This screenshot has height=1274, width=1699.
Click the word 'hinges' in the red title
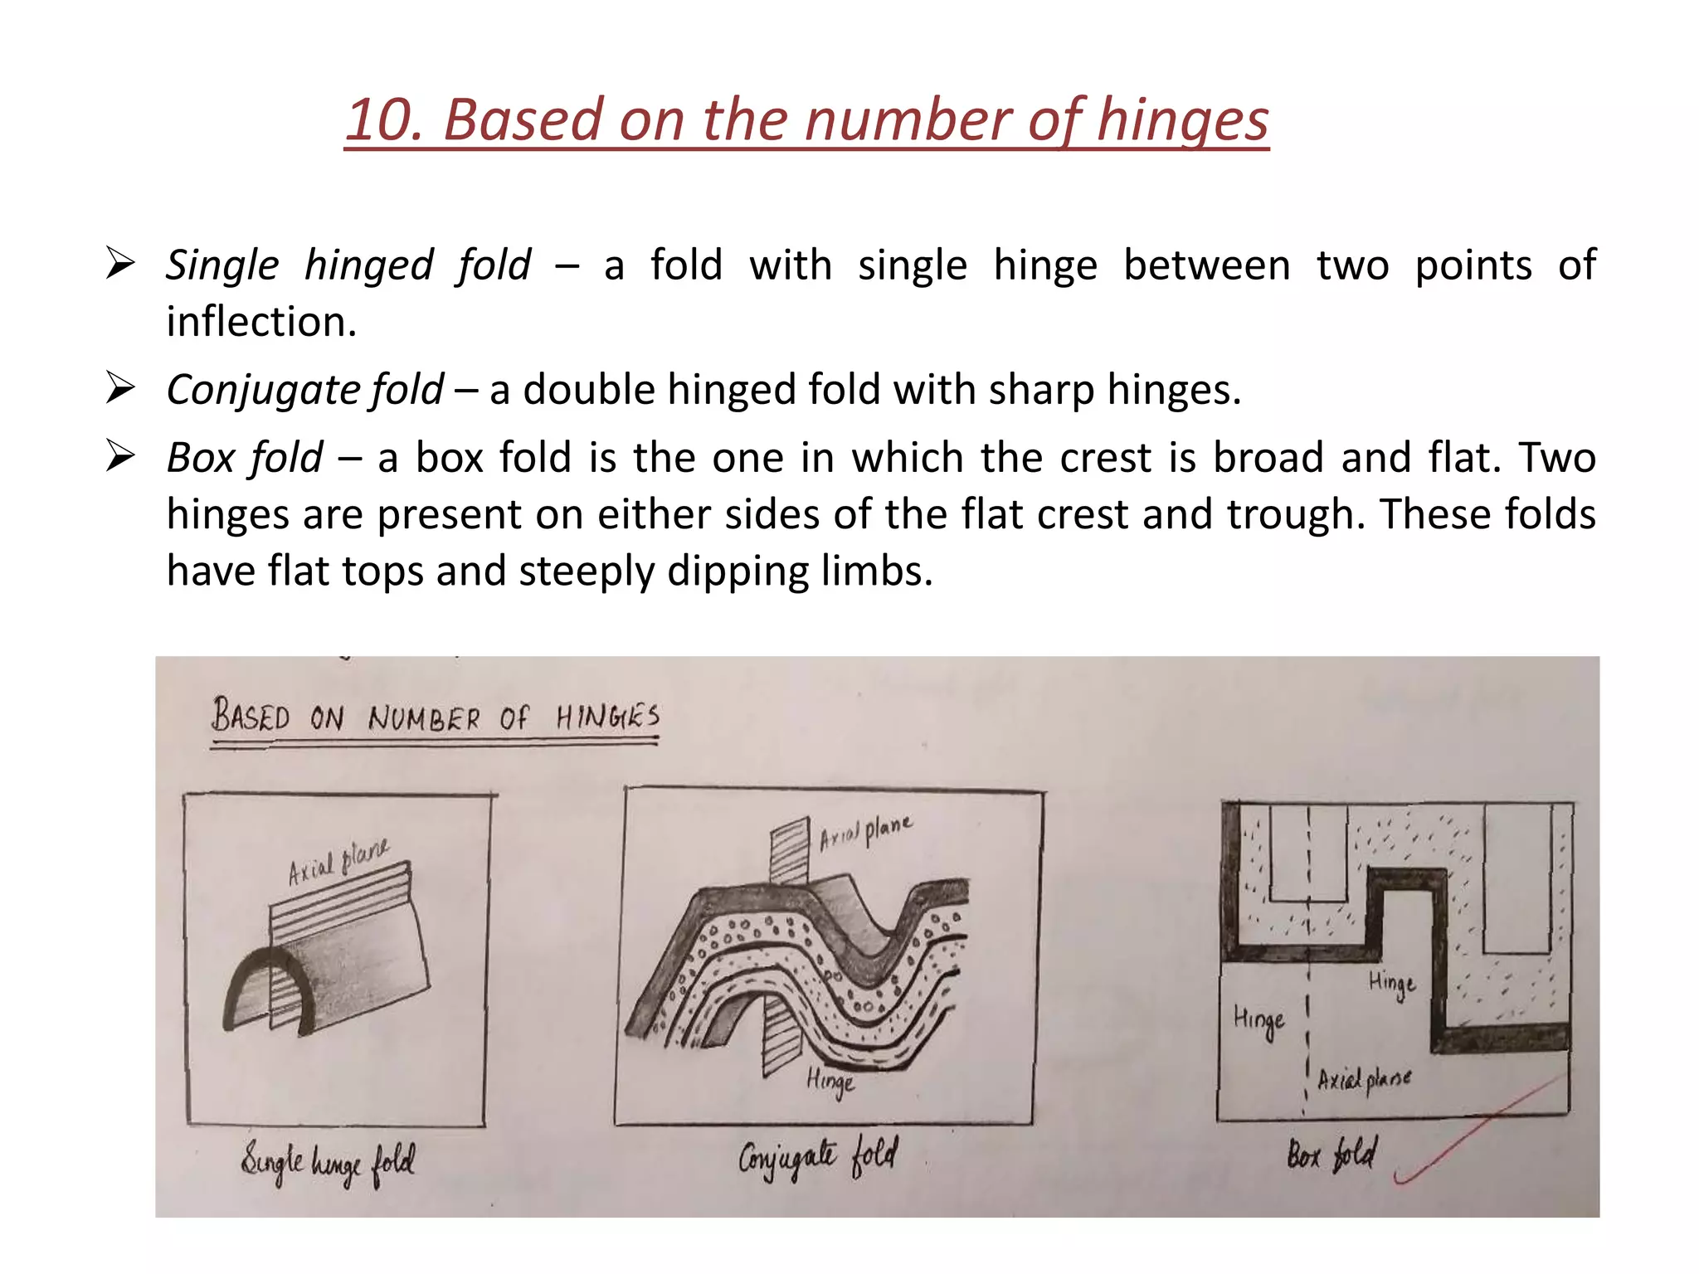pos(1182,121)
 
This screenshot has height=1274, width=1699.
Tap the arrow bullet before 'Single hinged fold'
pos(120,265)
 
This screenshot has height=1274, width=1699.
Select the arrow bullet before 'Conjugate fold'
pos(120,388)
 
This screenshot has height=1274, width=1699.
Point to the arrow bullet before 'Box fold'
pos(120,456)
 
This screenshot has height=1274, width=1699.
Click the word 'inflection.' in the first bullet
pos(261,322)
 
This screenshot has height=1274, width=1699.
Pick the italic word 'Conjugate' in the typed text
pos(264,390)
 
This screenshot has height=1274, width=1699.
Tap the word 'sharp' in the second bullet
pos(1041,390)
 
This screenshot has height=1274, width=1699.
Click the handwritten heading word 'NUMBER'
pos(424,718)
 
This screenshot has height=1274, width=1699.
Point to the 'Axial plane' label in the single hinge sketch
pos(338,863)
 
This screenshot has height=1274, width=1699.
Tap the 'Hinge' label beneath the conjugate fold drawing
pos(830,1081)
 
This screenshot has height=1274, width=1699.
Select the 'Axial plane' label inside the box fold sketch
pos(1364,1079)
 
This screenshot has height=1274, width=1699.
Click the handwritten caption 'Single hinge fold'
pos(329,1162)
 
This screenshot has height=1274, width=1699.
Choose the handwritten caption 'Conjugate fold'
pos(817,1156)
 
